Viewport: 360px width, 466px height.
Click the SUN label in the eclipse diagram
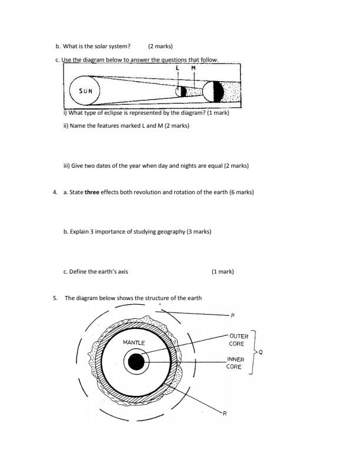point(86,92)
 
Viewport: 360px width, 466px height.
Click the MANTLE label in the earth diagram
point(134,342)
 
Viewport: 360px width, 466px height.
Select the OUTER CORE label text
point(238,340)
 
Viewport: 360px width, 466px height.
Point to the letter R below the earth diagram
point(224,414)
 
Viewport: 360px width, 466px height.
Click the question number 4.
point(55,192)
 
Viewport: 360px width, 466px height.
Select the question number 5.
point(55,298)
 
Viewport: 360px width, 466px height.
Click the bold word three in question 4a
point(92,192)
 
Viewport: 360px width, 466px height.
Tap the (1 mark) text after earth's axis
point(222,271)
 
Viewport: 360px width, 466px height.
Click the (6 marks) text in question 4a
point(241,192)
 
